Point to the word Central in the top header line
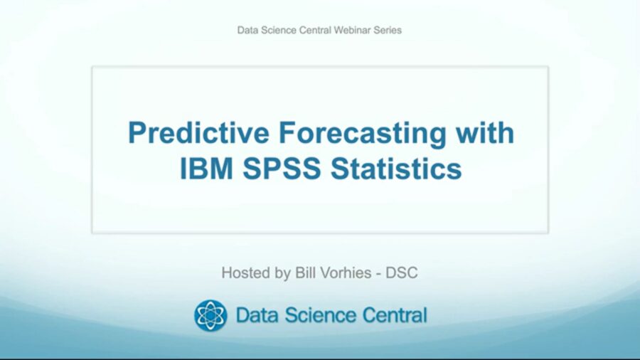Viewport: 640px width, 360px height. tap(314, 30)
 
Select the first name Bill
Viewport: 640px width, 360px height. tap(302, 273)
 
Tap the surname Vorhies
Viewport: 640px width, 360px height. tap(341, 273)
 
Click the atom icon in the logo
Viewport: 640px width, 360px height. tap(210, 315)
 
